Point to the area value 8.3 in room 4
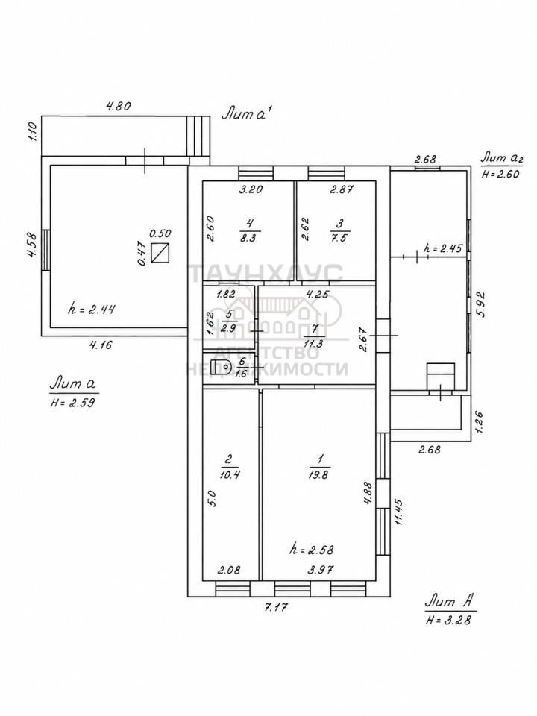pos(248,238)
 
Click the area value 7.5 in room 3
pos(339,238)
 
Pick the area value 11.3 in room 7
pos(314,343)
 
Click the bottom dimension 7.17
pos(276,607)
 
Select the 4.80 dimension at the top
pos(119,107)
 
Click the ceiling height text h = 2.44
pos(91,309)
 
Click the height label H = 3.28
pos(448,620)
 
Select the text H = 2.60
pos(500,174)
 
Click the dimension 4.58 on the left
pos(31,247)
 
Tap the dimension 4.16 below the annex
pos(100,345)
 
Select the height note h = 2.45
pos(443,248)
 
